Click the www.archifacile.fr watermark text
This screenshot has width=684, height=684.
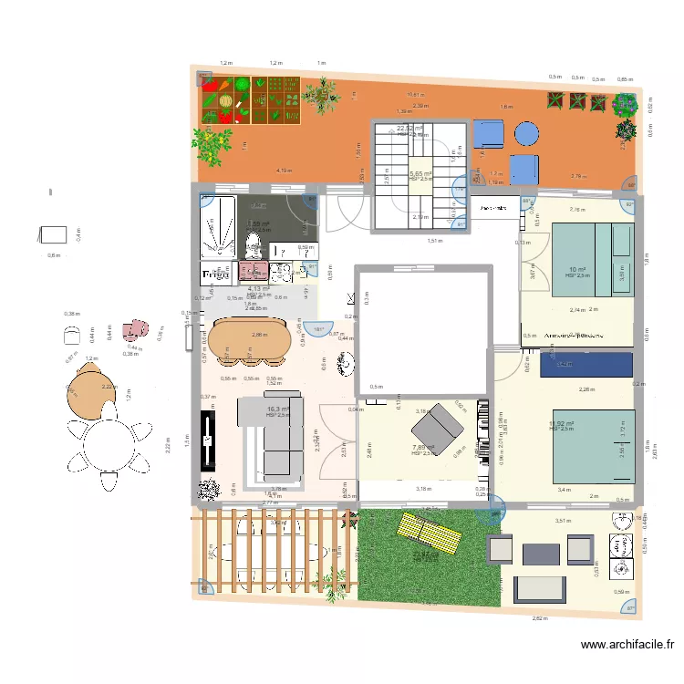(x=627, y=646)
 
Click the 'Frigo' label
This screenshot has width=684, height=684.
(x=214, y=274)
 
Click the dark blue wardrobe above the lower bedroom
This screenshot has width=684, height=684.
(x=586, y=365)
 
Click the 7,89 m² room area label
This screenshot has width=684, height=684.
(x=423, y=447)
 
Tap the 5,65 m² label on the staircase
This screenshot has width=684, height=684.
(x=420, y=173)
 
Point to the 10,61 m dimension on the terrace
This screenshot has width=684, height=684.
(x=415, y=95)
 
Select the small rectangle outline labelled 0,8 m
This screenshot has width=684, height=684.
(x=53, y=234)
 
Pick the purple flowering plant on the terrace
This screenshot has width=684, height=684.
(x=625, y=105)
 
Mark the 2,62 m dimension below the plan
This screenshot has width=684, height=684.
(x=540, y=618)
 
